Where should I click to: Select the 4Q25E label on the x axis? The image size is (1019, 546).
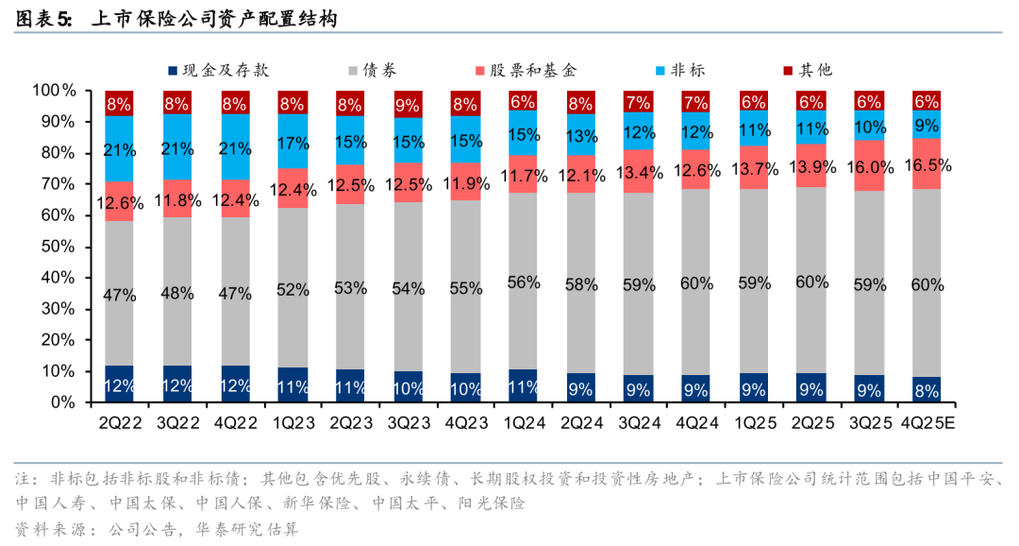(927, 422)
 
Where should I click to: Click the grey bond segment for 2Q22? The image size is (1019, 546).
(119, 294)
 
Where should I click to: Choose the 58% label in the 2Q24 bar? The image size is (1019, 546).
(581, 283)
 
